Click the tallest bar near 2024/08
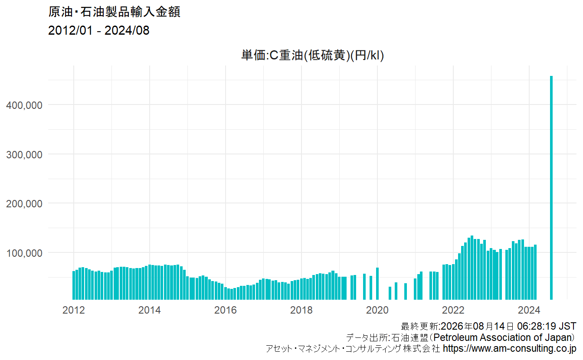tap(551, 188)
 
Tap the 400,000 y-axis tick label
tap(24, 105)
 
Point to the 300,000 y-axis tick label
tap(24, 154)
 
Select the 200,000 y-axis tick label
tap(24, 204)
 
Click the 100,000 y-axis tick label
tap(24, 253)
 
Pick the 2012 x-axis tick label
tap(74, 310)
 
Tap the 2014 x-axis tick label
tap(149, 310)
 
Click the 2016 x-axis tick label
tap(226, 310)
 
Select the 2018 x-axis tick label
tap(301, 310)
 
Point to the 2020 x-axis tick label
tap(377, 310)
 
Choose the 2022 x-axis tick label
tap(453, 310)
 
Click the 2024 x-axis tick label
tap(529, 310)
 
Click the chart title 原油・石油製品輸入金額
tap(114, 12)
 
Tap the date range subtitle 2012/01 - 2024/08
tap(99, 30)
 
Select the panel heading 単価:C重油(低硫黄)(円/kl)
tap(312, 55)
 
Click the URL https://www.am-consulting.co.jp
tap(509, 348)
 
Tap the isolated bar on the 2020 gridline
tap(377, 284)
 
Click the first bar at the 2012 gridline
tap(74, 285)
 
